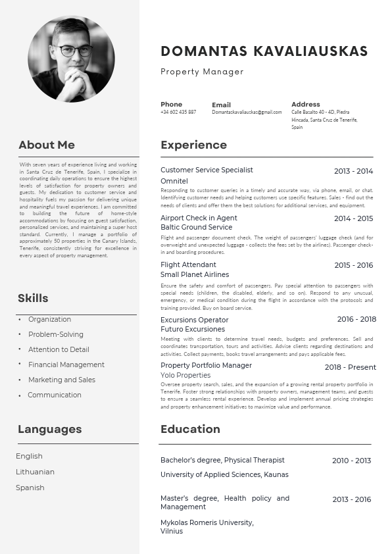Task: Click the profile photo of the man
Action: coord(71,59)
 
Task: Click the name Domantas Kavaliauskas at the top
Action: coord(264,51)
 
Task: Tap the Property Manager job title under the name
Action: coord(202,72)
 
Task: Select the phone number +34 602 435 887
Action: coord(178,113)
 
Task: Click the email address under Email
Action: coord(247,113)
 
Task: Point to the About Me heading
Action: coord(47,145)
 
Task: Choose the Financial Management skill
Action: coord(66,365)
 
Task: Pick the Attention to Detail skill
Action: coord(59,349)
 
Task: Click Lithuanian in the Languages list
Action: coord(35,472)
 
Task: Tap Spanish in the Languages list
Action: coord(30,488)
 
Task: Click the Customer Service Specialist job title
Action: coord(207,170)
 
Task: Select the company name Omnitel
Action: coord(174,181)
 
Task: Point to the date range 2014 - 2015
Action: coord(353,218)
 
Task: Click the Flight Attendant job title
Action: coord(188,264)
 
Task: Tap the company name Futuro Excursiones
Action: coord(193,329)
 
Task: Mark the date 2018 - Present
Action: coord(350,367)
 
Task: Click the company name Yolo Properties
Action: coord(185,375)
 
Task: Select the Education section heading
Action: coord(190,429)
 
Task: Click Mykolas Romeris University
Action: coord(207,522)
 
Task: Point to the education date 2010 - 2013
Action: coord(351,461)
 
